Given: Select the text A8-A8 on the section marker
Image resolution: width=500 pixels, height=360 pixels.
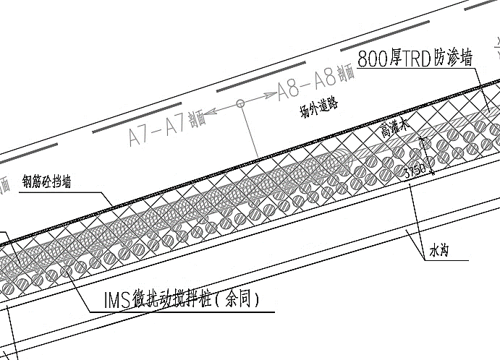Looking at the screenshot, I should coord(308,86).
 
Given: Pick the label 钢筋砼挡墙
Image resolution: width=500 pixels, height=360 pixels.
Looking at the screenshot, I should coord(46,181).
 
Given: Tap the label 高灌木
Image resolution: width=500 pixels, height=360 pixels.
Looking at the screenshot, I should coord(395,129).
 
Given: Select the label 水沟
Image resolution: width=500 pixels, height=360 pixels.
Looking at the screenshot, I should coord(439,252).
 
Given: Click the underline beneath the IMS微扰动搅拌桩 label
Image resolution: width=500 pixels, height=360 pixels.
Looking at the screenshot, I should coord(181,312).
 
